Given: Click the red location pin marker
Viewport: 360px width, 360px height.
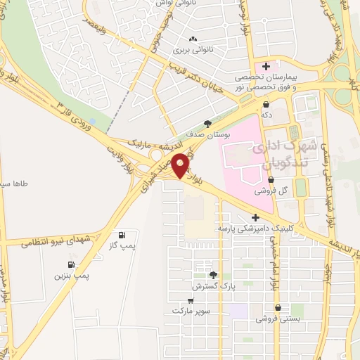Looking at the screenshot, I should [181, 165].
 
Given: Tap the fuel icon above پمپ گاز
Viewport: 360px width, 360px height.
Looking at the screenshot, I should [122, 234].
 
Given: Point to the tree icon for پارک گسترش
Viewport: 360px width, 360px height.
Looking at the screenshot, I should [213, 275].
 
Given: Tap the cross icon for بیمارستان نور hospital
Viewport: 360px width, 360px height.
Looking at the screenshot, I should [266, 66].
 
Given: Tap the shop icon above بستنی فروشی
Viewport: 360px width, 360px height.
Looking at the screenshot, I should [279, 307].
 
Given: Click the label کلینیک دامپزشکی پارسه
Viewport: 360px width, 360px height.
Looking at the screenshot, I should [262, 229].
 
